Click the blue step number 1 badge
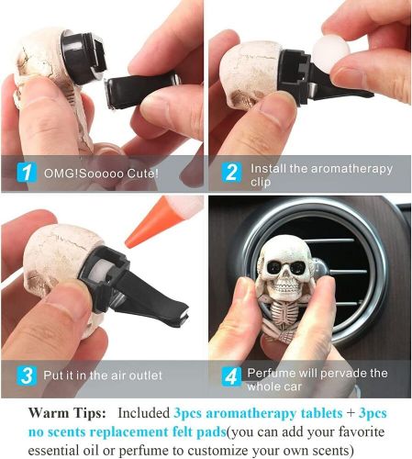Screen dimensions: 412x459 click(27, 173)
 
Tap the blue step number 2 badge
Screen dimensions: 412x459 click(231, 173)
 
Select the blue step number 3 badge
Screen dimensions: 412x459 click(27, 375)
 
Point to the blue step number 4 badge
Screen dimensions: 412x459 click(231, 376)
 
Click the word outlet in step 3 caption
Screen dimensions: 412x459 click(146, 375)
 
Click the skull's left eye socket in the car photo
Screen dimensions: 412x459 click(273, 267)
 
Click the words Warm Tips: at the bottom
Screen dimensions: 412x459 click(67, 413)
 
